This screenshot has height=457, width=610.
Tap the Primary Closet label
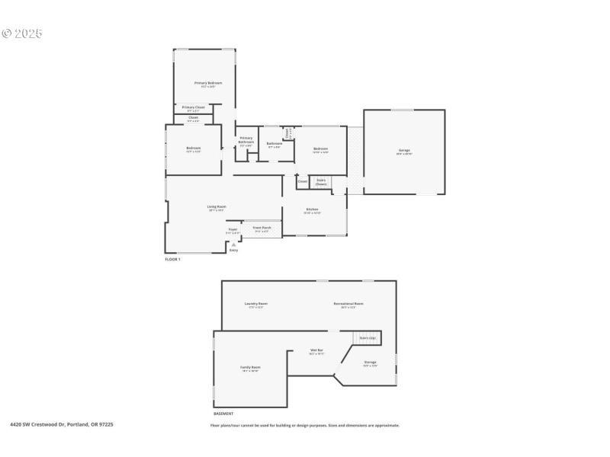pos(193,107)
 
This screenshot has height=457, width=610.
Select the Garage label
pos(404,151)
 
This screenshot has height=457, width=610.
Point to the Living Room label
pos(217,206)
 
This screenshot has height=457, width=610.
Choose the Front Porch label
pos(262,228)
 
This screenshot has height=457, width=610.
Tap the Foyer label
pos(233,229)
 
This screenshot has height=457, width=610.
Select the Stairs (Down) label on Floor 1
pos(321,182)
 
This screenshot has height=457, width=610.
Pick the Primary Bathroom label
pos(246,140)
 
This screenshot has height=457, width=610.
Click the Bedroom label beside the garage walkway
pos(320,149)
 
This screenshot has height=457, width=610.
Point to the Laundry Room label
pos(256,303)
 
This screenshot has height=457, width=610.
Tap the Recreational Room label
pos(348,303)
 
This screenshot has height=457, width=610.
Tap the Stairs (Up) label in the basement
pos(368,337)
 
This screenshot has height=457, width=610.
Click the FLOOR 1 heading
pos(172,260)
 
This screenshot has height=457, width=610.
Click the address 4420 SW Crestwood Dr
pos(61,424)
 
